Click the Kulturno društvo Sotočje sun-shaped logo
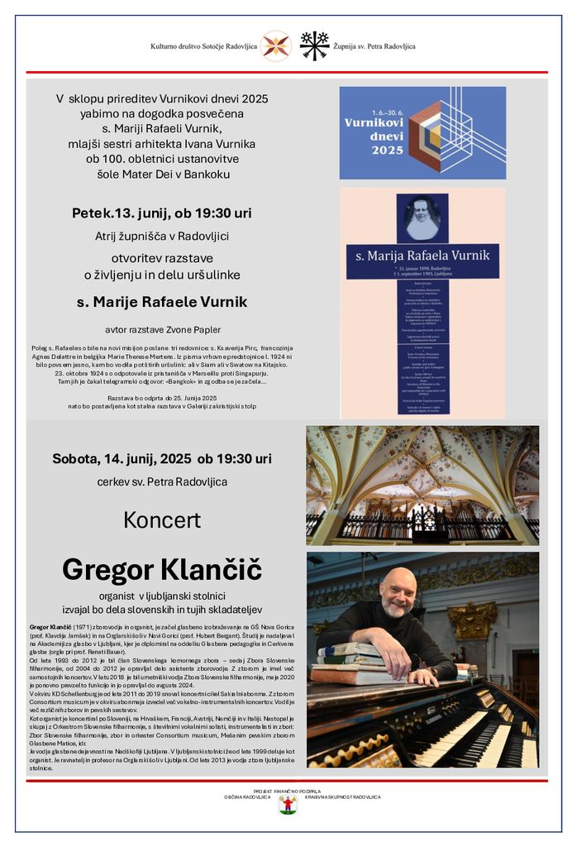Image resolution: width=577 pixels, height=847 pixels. click(275, 45)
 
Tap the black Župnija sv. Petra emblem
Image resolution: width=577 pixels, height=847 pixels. click(314, 45)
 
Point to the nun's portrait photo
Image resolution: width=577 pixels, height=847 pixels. click(422, 218)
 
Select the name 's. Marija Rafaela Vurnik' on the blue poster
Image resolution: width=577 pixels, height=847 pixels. click(422, 252)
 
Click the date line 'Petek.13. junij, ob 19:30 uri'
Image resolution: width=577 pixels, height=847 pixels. click(161, 213)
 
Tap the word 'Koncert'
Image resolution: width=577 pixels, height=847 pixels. click(162, 519)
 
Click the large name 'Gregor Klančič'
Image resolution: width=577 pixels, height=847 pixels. click(162, 569)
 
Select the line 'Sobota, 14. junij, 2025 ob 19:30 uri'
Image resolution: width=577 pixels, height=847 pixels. click(162, 458)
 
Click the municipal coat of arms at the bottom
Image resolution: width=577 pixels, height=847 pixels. click(288, 803)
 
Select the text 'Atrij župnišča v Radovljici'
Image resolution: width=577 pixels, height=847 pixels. click(162, 236)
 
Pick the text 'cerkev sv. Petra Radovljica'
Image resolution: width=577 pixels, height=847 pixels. click(162, 481)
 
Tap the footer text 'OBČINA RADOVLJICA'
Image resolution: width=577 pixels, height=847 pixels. click(246, 797)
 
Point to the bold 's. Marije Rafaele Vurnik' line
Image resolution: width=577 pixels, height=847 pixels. click(162, 302)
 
